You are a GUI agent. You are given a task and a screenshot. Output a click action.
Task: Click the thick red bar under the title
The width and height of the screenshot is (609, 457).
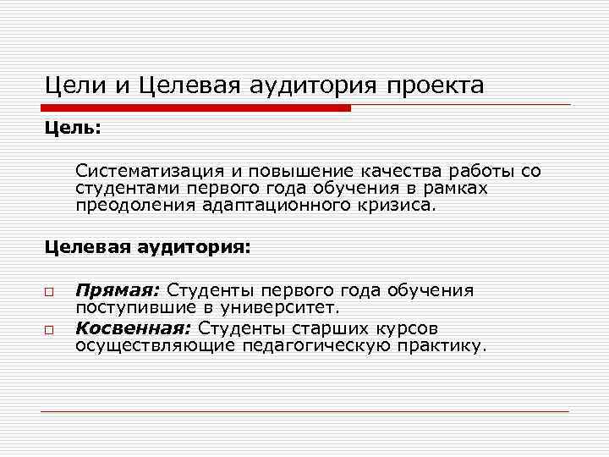(195, 108)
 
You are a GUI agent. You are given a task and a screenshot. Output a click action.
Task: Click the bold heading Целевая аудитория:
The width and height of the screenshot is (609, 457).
(147, 249)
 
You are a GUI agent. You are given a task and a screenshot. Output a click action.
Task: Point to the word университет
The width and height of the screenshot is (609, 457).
(283, 307)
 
